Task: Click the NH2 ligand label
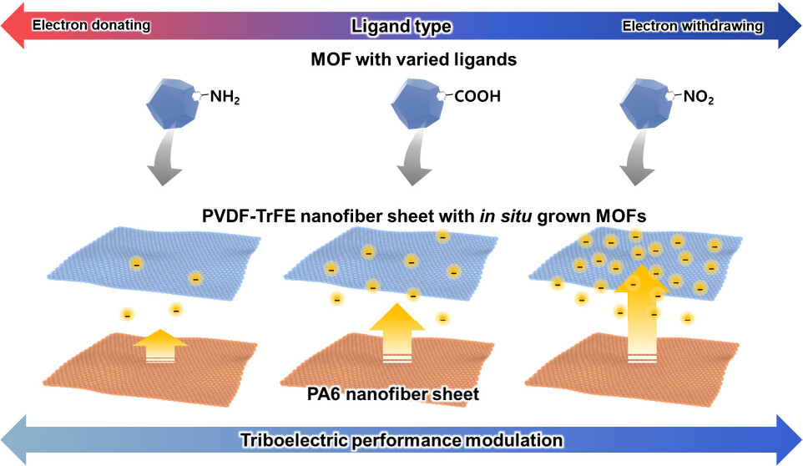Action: point(225,96)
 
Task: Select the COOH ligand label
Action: point(478,96)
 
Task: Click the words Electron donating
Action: point(91,26)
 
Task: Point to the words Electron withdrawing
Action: point(693,26)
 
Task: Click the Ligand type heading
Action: point(401,27)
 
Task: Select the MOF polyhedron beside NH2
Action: point(174,105)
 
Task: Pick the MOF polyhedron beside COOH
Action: point(422,105)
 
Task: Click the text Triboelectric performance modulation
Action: point(401,439)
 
